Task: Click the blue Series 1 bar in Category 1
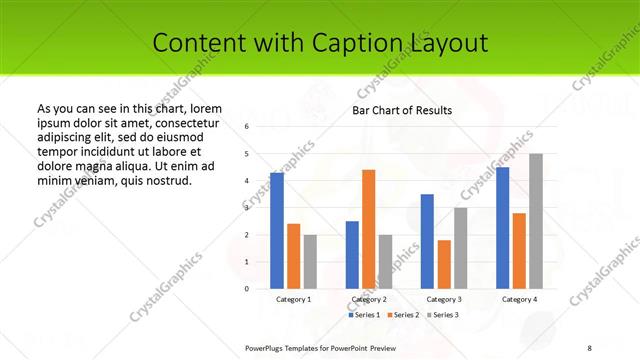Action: [x=276, y=230]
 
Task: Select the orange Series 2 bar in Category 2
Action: [x=369, y=229]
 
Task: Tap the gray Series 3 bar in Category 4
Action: [x=536, y=221]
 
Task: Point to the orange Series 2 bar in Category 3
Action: [x=444, y=264]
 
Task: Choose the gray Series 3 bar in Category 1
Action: [x=310, y=262]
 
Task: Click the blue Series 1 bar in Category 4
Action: [x=502, y=228]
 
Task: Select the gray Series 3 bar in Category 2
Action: [x=386, y=262]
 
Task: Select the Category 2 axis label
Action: [x=369, y=299]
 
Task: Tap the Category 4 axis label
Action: [x=519, y=299]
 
